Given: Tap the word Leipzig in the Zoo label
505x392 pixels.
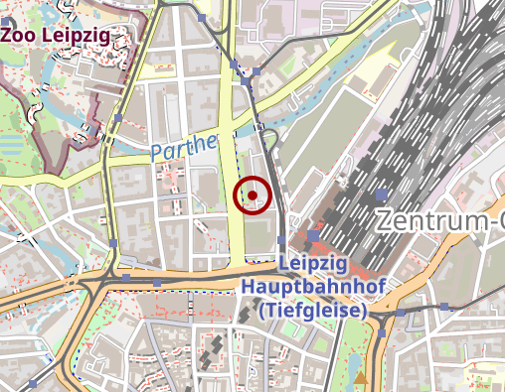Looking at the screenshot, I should click(x=85, y=34).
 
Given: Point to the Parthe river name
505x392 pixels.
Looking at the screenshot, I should click(x=184, y=147).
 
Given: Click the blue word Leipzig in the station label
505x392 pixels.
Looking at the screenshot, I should click(x=313, y=264).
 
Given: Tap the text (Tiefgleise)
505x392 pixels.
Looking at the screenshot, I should click(x=313, y=311).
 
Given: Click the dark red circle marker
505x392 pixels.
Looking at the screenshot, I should click(x=252, y=195).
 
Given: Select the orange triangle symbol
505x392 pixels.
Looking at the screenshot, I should click(x=360, y=378).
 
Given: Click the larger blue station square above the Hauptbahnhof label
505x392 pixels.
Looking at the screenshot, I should click(x=314, y=236).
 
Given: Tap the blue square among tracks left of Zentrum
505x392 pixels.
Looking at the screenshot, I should click(x=383, y=194).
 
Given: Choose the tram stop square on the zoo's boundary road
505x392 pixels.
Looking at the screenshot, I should click(x=119, y=119).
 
